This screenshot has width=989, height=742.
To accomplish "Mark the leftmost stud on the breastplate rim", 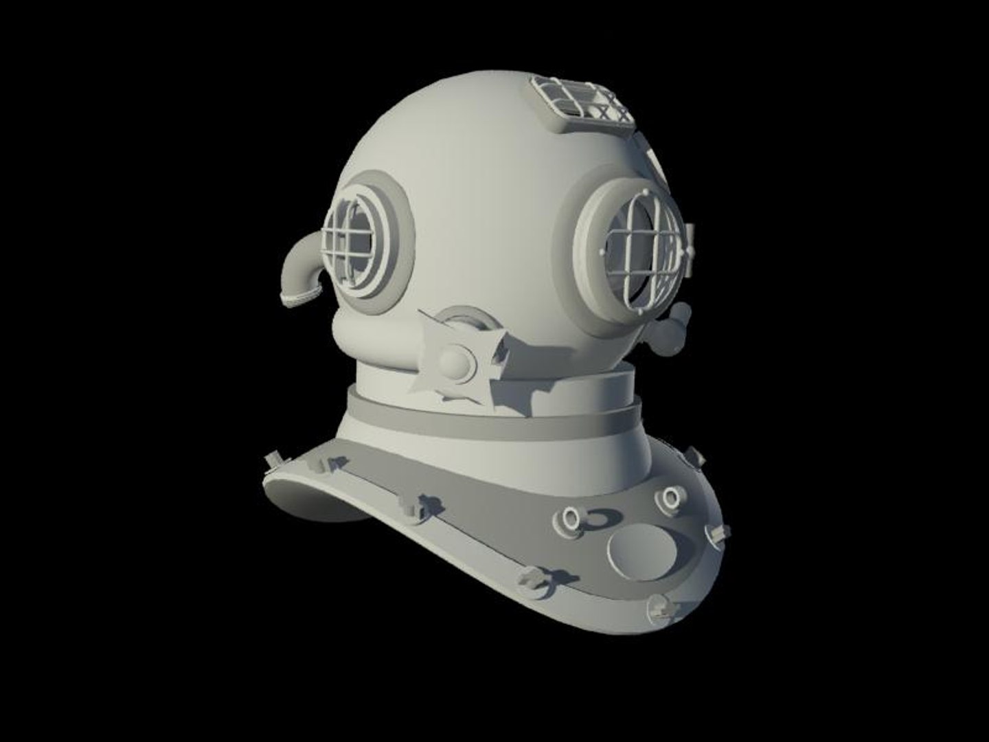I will point(271,461).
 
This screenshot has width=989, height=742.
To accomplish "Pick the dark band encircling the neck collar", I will point(494,419).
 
